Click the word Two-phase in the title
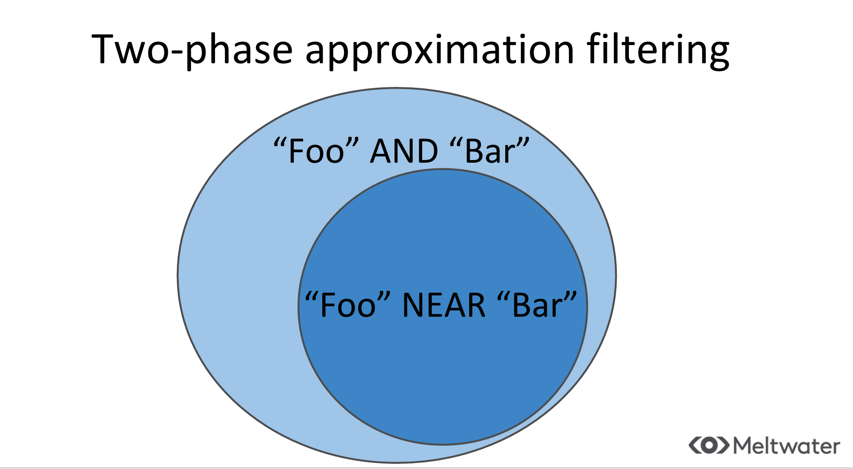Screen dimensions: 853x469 point(192,51)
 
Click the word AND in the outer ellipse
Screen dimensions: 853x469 point(404,151)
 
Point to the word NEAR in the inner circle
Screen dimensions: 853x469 point(444,305)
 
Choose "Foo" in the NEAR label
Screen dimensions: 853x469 point(348,305)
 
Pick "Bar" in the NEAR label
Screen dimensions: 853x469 point(537,305)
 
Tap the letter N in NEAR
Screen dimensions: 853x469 point(413,305)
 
